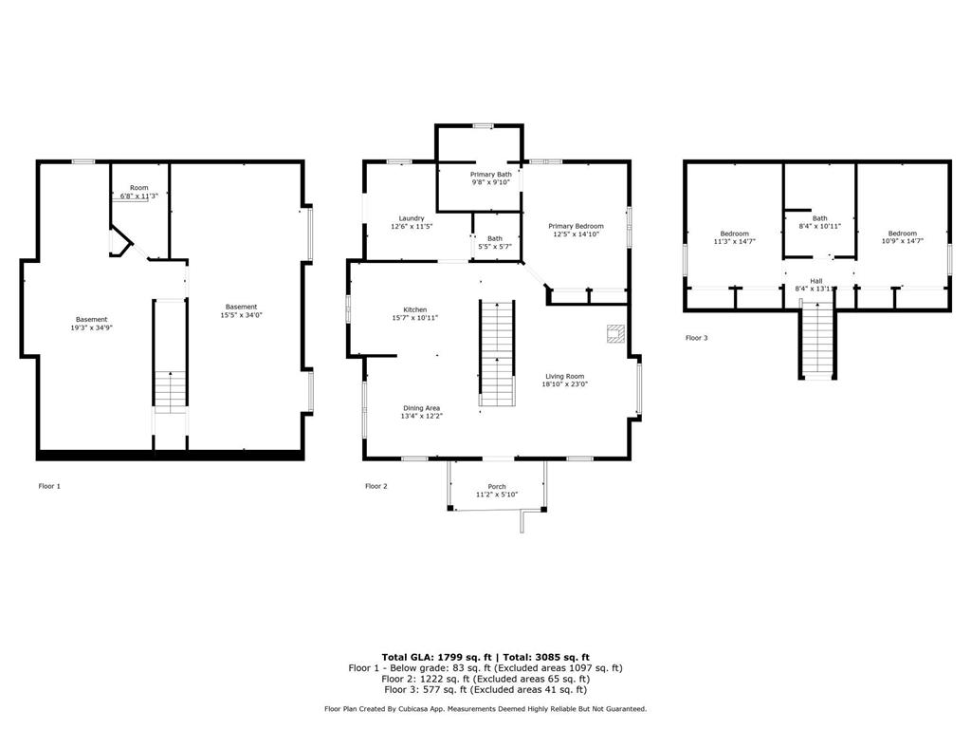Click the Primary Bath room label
pos(491,175)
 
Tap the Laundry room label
pos(412,218)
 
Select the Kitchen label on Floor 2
pos(415,309)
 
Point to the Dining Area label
pos(422,408)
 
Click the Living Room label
pos(565,376)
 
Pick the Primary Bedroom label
pos(576,226)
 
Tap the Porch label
pos(497,487)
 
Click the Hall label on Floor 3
pos(816,281)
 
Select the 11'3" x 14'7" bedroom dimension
pos(735,242)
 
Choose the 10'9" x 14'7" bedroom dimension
pos(903,241)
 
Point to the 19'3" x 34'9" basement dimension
pos(92,327)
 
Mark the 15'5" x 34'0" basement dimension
pos(242,315)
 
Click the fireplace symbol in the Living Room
pos(614,333)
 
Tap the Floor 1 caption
pos(49,487)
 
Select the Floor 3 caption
pos(697,338)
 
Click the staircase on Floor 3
pos(817,340)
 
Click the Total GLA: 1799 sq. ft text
pos(436,657)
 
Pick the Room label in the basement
pos(139,188)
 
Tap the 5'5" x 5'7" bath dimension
pos(495,247)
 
